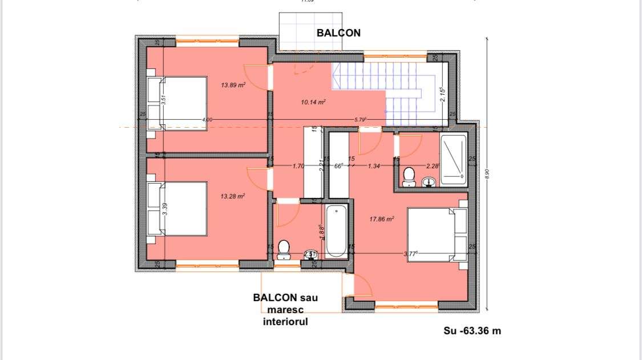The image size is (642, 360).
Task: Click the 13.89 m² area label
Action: [233, 85]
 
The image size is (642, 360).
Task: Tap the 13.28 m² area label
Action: [233, 196]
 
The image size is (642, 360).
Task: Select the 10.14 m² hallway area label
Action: [313, 102]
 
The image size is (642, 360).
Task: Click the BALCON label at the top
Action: [338, 33]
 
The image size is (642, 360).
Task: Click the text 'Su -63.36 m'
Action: [472, 330]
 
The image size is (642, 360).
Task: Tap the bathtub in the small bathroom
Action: [336, 231]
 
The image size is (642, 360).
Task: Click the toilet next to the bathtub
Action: [284, 250]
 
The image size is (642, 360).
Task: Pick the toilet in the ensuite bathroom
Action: [409, 176]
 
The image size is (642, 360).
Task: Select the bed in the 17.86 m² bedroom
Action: [437, 234]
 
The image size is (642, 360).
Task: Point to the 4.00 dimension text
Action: [207, 119]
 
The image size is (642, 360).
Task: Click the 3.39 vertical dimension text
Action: [165, 208]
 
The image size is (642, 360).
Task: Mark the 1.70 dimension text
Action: [297, 166]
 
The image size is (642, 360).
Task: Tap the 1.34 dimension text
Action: [374, 166]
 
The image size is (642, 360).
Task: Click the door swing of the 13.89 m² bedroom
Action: [255, 78]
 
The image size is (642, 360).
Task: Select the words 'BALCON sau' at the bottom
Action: [285, 298]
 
